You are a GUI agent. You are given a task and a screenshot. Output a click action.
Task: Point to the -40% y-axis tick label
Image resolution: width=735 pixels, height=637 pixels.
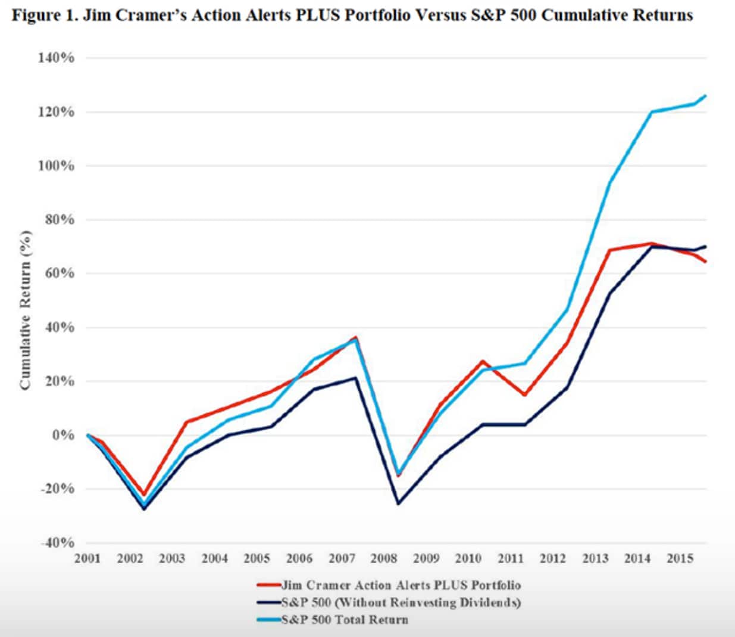(57, 543)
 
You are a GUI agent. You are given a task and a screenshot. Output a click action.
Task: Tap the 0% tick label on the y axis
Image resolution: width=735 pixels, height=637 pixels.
(63, 435)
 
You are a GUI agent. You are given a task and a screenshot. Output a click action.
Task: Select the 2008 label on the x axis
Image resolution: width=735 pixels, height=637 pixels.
(384, 558)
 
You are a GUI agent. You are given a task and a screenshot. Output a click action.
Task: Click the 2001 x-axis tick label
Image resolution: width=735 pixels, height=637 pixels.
(87, 558)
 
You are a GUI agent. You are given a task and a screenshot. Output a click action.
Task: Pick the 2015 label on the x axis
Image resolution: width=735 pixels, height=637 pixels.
(680, 558)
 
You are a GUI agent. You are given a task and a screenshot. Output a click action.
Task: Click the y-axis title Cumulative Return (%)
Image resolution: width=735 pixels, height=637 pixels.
(25, 310)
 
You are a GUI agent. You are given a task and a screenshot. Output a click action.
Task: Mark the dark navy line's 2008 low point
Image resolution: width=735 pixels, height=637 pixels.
(398, 504)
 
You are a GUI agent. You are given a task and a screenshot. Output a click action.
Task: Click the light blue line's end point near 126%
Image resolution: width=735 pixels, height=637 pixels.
(706, 95)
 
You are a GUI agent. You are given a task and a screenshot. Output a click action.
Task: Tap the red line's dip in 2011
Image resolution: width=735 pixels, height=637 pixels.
(525, 395)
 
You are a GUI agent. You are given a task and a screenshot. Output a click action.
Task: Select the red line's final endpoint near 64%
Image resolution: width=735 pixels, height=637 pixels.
(706, 262)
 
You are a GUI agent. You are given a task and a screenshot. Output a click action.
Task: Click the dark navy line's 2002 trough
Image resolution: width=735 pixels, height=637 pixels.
(144, 509)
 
